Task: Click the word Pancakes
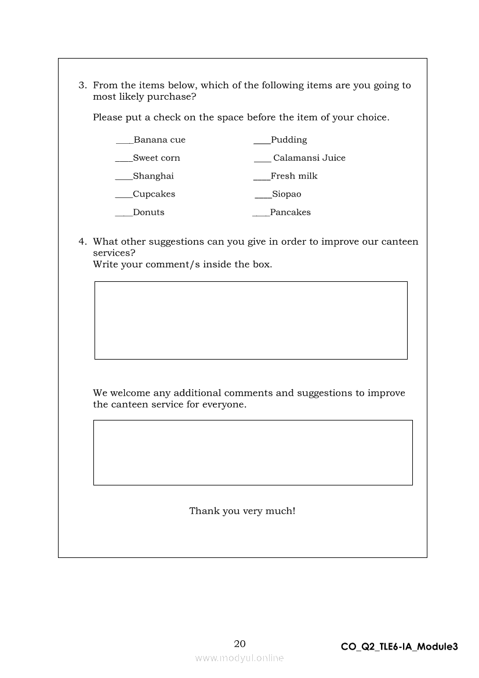click(291, 212)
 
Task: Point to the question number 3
click(82, 85)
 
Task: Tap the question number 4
click(82, 242)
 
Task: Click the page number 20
click(239, 644)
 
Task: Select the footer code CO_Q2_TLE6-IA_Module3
click(400, 647)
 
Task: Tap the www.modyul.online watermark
click(239, 658)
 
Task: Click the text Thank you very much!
click(242, 511)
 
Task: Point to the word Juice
click(333, 158)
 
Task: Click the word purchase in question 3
click(171, 97)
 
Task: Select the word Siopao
click(286, 194)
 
